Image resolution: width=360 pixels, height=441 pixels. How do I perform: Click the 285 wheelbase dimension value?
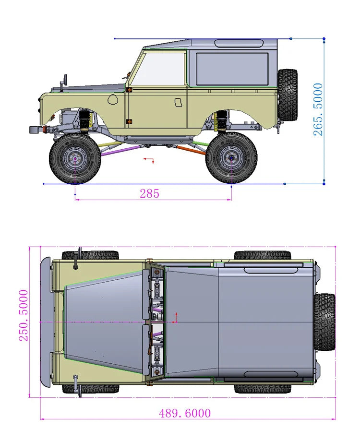pyautogui.click(x=150, y=193)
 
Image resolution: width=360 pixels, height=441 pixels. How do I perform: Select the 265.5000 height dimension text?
pyautogui.click(x=318, y=109)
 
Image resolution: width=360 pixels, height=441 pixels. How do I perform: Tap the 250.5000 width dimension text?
pyautogui.click(x=24, y=315)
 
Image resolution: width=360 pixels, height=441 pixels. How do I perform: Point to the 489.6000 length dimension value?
pyautogui.click(x=185, y=413)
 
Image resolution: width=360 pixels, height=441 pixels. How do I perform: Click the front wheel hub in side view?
pyautogui.click(x=75, y=158)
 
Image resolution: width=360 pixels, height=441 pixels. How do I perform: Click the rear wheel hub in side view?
pyautogui.click(x=231, y=158)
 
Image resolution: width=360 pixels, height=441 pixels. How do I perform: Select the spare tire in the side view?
pyautogui.click(x=288, y=95)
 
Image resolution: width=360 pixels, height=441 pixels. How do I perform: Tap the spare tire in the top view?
pyautogui.click(x=324, y=322)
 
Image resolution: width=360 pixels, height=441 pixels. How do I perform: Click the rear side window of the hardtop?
pyautogui.click(x=232, y=69)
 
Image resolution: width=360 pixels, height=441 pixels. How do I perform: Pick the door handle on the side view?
pyautogui.click(x=178, y=102)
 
